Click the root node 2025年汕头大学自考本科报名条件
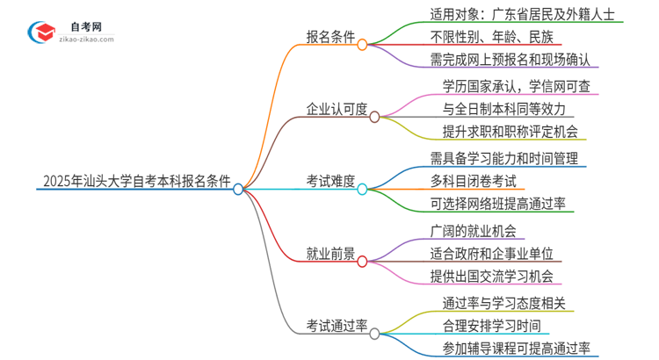tap(136, 183)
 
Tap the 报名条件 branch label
tap(330, 40)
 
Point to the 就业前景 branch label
tap(330, 255)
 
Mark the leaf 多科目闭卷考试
tap(478, 182)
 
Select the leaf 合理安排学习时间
tap(484, 326)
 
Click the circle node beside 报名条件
tap(362, 44)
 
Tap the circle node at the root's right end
tap(238, 188)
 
